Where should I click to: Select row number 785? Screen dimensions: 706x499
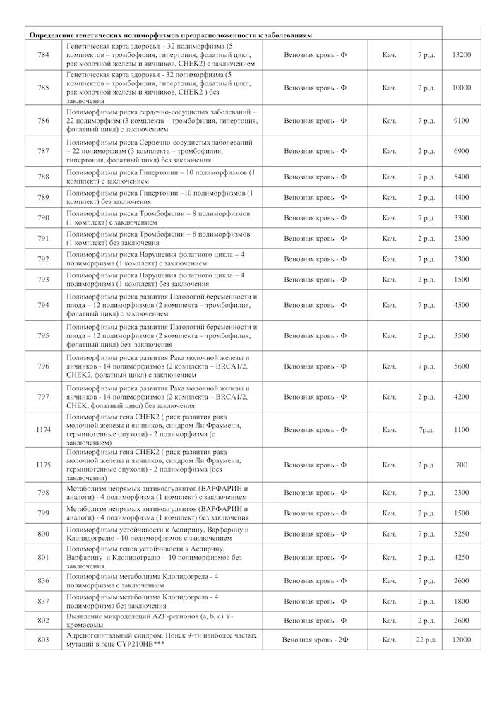coord(44,88)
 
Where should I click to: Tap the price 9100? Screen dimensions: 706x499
coord(461,121)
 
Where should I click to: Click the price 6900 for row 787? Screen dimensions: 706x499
coord(461,151)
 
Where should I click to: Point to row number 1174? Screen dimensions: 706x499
coord(44,429)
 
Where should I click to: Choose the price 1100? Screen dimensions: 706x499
coord(461,429)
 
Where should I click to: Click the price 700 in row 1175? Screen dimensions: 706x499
coord(461,465)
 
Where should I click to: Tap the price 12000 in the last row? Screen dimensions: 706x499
coord(461,639)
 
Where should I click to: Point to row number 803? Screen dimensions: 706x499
coord(44,639)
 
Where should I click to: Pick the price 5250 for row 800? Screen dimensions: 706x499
coord(461,534)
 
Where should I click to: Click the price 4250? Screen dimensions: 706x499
coord(461,557)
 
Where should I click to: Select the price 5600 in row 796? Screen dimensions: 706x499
coord(461,366)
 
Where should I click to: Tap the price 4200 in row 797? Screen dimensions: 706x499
coord(461,397)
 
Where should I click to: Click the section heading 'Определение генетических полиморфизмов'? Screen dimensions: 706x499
coord(169,35)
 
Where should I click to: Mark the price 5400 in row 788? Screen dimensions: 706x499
coord(461,176)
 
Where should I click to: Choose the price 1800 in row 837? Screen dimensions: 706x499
coord(461,601)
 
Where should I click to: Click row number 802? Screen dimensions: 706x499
coord(44,620)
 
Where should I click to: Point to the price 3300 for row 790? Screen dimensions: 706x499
coord(461,217)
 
